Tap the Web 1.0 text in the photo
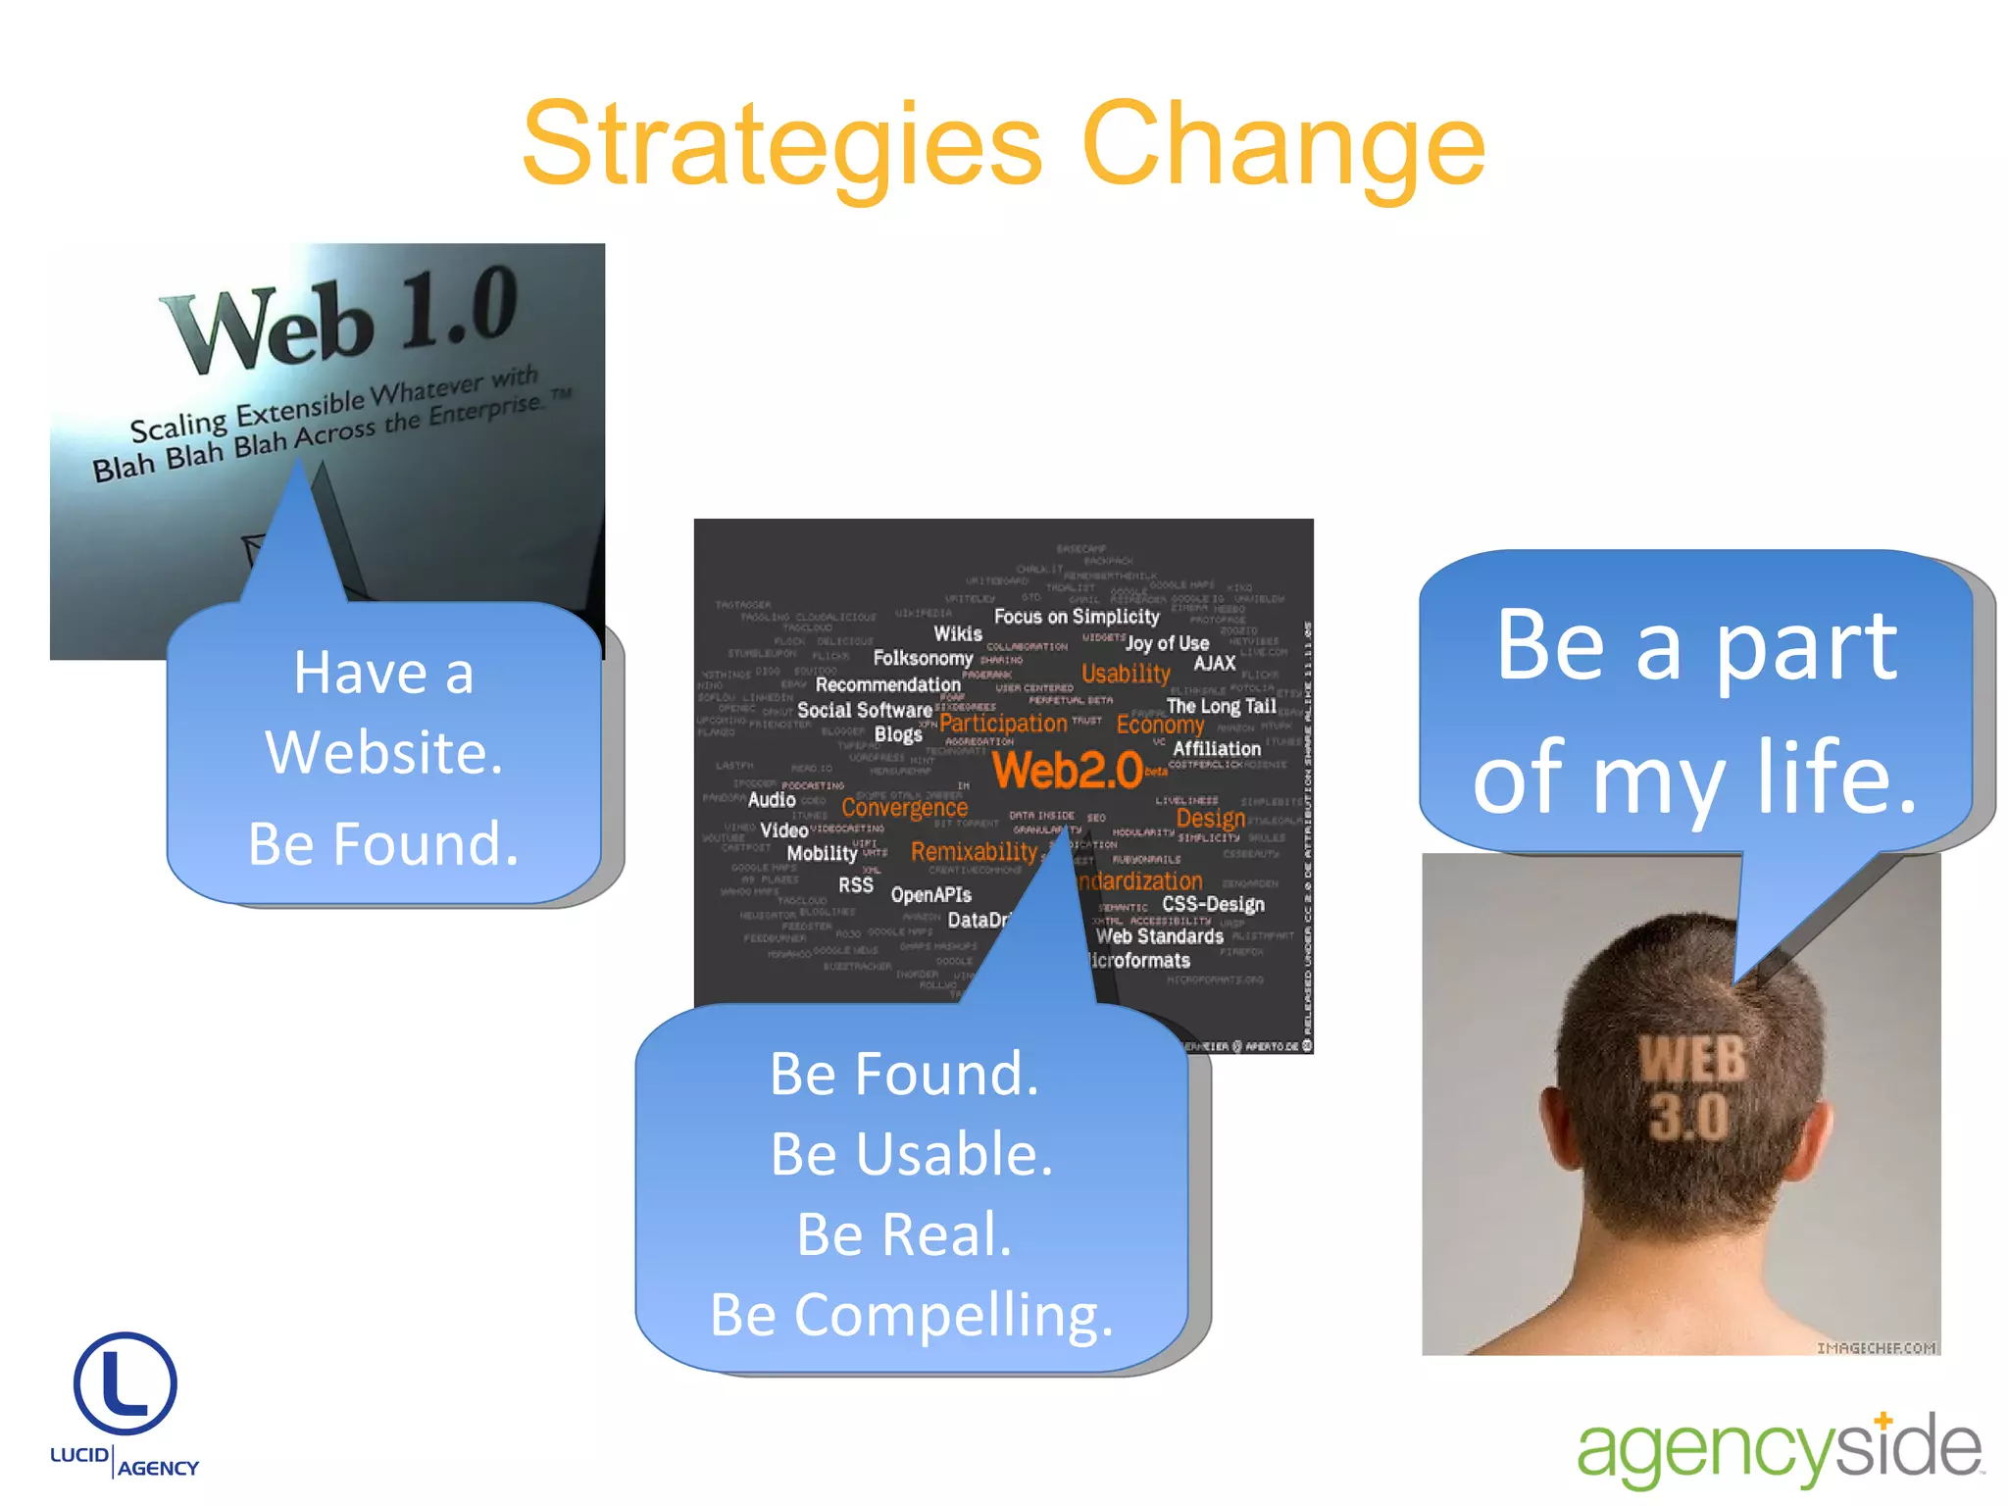[338, 316]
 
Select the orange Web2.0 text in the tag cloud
[1068, 771]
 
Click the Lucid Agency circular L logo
[125, 1383]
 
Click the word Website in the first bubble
[383, 753]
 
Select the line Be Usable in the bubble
[911, 1154]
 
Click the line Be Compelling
[911, 1315]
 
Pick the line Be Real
[903, 1234]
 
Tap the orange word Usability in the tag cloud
[1126, 674]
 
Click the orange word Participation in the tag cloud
[1003, 724]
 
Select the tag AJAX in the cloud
[1214, 664]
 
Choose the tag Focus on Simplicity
[1076, 617]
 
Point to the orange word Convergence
[904, 808]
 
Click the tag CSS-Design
[1213, 904]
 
